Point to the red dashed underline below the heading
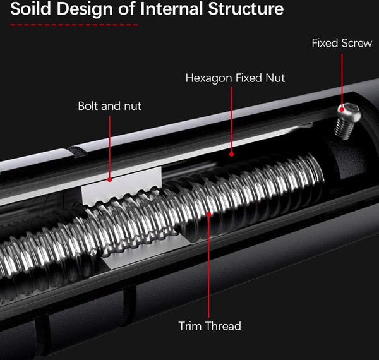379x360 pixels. [x=74, y=25]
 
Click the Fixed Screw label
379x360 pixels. [x=342, y=44]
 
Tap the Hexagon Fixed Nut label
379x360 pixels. [x=235, y=78]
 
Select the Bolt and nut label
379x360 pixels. [x=109, y=105]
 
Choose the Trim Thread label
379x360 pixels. [x=210, y=326]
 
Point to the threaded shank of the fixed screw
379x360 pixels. [x=342, y=129]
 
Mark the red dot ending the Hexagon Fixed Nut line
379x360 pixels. [x=232, y=153]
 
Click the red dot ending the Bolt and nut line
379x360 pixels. [x=110, y=179]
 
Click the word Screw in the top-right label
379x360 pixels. [x=356, y=44]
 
